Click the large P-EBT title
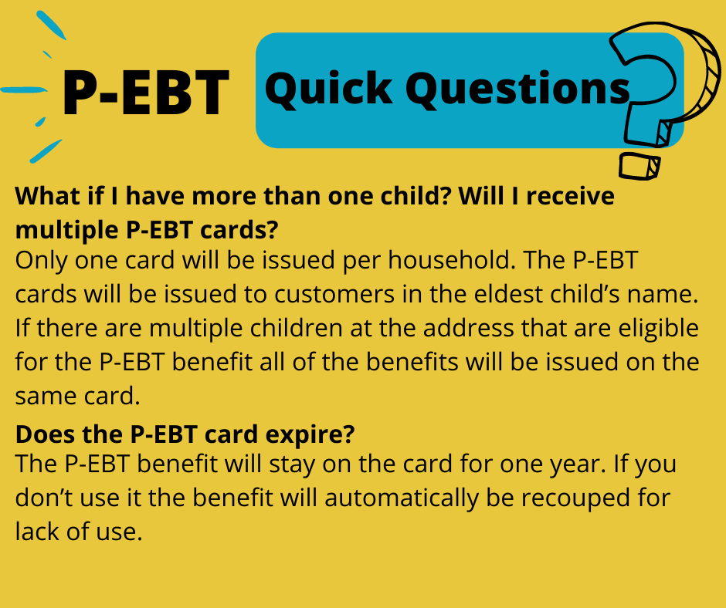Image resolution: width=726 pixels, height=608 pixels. point(146,93)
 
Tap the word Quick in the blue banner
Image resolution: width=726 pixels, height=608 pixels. point(329,89)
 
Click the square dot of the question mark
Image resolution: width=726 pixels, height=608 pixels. point(639,166)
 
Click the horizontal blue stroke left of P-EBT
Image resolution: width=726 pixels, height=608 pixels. point(23,90)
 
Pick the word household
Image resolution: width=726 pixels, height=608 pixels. point(452,260)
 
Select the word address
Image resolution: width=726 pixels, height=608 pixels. point(468,328)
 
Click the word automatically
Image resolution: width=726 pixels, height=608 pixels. point(401,498)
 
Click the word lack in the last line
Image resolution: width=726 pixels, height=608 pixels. point(36,531)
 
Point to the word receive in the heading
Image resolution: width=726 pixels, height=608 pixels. point(570,196)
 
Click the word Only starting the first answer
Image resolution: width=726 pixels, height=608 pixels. point(41,261)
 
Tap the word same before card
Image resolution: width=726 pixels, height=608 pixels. point(46,397)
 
